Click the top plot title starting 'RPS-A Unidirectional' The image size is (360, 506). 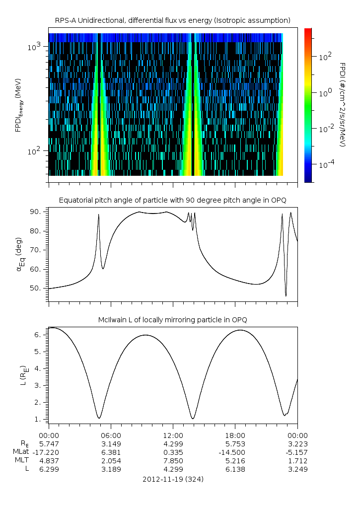173,20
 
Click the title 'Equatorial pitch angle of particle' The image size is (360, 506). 173,200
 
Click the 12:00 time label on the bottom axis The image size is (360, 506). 173,434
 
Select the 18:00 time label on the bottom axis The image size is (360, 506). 235,434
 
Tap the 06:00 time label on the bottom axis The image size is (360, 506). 111,434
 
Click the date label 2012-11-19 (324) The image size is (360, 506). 173,479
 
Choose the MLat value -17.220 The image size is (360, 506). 49,452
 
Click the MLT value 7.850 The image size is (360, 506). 173,461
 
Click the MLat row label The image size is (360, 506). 21,452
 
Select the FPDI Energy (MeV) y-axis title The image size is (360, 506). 18,105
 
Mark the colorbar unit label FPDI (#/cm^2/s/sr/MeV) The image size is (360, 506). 342,105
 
